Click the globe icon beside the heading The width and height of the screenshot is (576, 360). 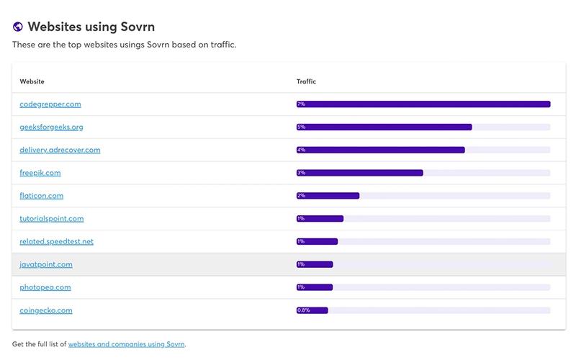point(17,27)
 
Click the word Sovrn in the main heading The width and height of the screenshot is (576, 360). point(138,27)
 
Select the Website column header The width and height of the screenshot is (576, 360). point(32,81)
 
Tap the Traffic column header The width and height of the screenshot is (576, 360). point(307,81)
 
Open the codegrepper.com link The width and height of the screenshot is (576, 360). point(50,104)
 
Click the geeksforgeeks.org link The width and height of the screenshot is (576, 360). point(51,127)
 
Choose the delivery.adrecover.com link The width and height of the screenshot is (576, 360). point(60,150)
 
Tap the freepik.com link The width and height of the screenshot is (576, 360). point(40,173)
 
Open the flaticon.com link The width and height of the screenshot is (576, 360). point(42,196)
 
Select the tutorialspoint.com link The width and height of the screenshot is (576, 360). point(52,219)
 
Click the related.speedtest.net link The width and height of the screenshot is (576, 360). point(57,241)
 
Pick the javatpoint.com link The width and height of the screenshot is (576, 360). point(46,264)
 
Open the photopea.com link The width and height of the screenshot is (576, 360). point(45,287)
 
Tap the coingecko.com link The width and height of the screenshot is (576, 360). point(46,310)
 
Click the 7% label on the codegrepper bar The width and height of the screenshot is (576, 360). point(301,104)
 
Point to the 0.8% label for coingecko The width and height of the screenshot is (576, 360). point(304,310)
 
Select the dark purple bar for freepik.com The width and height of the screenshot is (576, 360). point(359,173)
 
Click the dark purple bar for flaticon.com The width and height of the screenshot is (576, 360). point(328,196)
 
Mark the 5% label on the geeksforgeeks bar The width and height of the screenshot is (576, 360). point(301,127)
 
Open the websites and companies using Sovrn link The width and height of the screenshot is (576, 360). point(127,344)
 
